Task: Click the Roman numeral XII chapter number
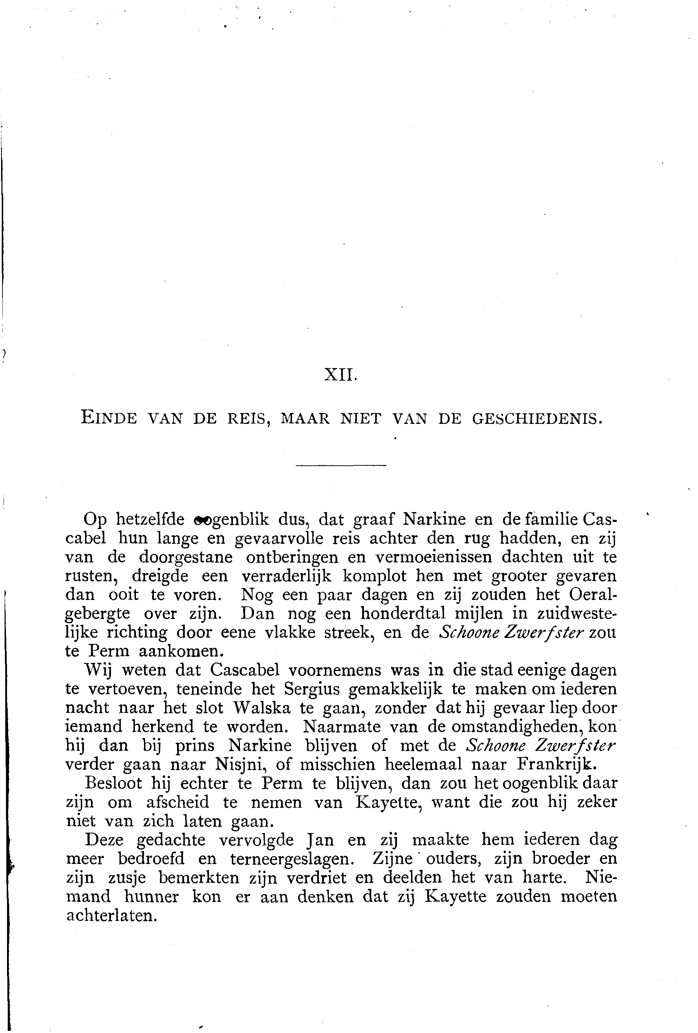pyautogui.click(x=340, y=376)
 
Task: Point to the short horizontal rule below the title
pyautogui.click(x=341, y=465)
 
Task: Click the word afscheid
pyautogui.click(x=177, y=803)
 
